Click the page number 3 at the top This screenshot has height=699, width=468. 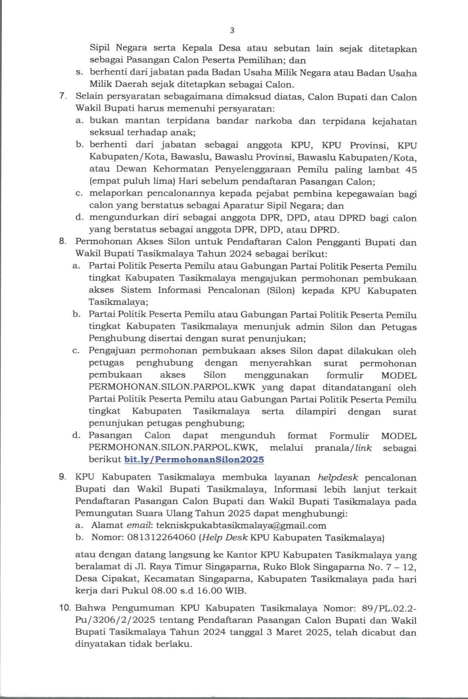pos(232,31)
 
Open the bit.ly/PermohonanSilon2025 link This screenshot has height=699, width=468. pos(195,460)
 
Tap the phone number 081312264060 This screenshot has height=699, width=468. pos(161,538)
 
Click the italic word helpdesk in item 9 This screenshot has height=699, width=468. pos(338,477)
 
